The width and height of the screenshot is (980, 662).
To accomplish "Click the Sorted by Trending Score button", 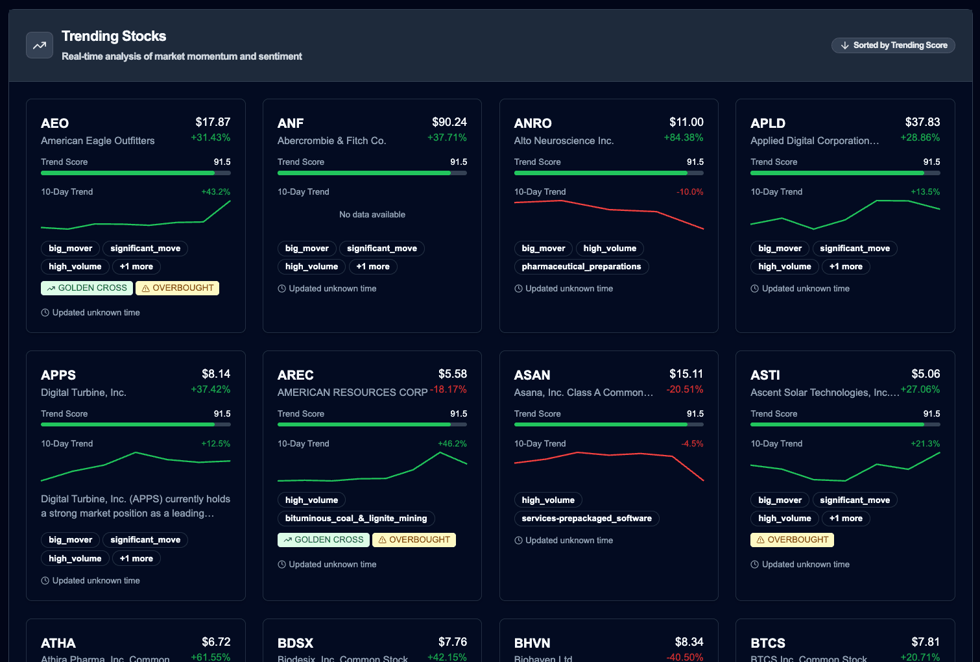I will pyautogui.click(x=893, y=45).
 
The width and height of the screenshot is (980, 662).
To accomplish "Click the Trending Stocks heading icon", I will pyautogui.click(x=40, y=45).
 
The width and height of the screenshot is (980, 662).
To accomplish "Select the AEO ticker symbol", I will pyautogui.click(x=54, y=123).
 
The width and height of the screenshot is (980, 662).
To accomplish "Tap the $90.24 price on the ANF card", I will pyautogui.click(x=449, y=122).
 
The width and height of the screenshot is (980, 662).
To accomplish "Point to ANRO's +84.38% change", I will pyautogui.click(x=683, y=138).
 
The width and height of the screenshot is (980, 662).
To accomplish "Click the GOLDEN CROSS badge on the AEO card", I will pyautogui.click(x=87, y=288).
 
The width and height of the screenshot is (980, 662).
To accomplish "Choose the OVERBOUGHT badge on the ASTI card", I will pyautogui.click(x=792, y=540).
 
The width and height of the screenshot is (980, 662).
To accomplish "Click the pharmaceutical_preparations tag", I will pyautogui.click(x=581, y=267).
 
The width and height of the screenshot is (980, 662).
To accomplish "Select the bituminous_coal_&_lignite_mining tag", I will pyautogui.click(x=356, y=519).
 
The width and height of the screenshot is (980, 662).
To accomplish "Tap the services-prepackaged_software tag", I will pyautogui.click(x=586, y=519).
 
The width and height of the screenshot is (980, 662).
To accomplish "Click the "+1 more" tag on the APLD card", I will pyautogui.click(x=846, y=267).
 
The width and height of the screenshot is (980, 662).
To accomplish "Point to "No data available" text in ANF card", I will pyautogui.click(x=372, y=215).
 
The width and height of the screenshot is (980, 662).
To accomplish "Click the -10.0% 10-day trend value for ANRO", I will pyautogui.click(x=689, y=192).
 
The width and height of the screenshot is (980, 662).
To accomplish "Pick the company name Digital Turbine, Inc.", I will pyautogui.click(x=84, y=393).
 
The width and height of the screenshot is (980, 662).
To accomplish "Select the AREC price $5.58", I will pyautogui.click(x=452, y=374).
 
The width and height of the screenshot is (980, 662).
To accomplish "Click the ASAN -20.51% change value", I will pyautogui.click(x=684, y=389).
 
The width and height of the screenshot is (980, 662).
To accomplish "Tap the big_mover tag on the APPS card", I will pyautogui.click(x=70, y=540).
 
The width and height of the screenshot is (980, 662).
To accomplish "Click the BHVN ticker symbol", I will pyautogui.click(x=532, y=643).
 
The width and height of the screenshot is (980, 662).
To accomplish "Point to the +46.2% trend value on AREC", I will pyautogui.click(x=452, y=444).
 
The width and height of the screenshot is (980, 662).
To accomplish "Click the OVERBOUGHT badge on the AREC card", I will pyautogui.click(x=414, y=540).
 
